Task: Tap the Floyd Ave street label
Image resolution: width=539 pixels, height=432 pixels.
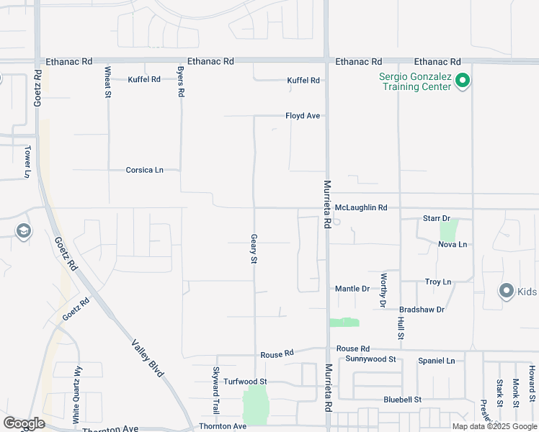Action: (x=302, y=115)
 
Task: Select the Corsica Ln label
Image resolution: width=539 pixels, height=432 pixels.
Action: (x=144, y=170)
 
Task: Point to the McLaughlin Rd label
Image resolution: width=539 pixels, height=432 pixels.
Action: (x=361, y=207)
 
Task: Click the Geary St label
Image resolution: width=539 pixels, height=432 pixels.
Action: (x=254, y=248)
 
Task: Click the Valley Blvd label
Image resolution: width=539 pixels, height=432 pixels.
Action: (x=148, y=358)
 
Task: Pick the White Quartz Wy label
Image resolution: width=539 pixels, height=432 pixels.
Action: (x=76, y=394)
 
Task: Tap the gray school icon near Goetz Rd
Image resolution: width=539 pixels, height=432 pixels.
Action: (x=23, y=232)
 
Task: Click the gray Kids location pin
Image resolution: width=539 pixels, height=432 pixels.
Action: (x=506, y=291)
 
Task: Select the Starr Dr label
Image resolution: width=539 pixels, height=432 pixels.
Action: (x=436, y=217)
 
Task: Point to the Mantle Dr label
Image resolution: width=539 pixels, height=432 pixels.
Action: (x=352, y=289)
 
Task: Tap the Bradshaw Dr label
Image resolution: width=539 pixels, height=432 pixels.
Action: (x=422, y=309)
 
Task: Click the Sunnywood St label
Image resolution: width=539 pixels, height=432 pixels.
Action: (x=370, y=359)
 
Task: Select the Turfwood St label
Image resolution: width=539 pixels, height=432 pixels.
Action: (x=245, y=381)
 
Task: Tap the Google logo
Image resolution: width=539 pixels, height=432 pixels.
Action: (x=24, y=423)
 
